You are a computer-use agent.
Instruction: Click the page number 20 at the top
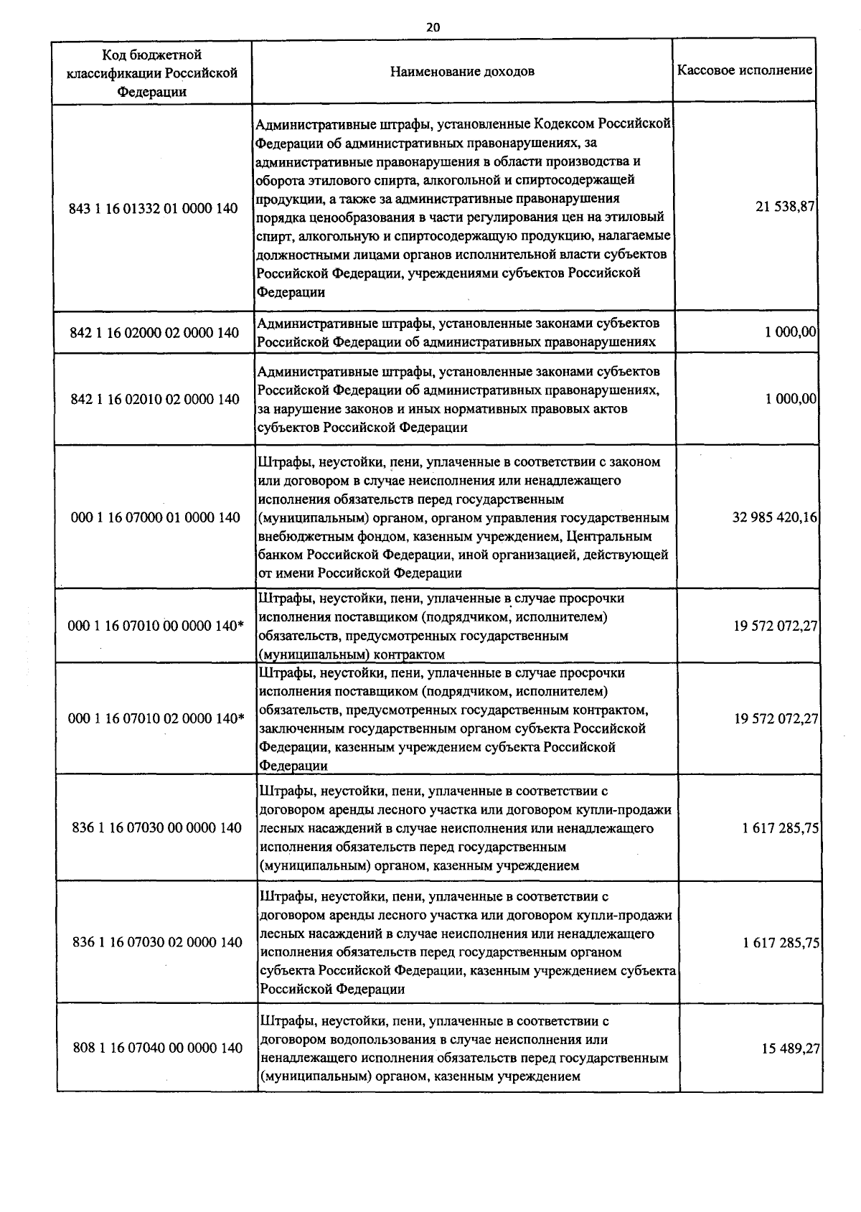[x=433, y=27]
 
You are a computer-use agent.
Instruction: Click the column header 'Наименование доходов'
[x=462, y=72]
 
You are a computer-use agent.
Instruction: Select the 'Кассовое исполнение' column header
[x=745, y=70]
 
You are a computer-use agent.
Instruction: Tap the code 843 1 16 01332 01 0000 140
[x=154, y=209]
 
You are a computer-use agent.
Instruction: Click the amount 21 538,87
[x=786, y=206]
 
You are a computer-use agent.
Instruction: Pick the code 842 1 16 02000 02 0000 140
[x=154, y=332]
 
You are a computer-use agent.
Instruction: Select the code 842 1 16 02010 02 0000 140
[x=154, y=399]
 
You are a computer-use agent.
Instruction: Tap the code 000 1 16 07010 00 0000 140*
[x=156, y=626]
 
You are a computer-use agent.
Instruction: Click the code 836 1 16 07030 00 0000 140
[x=157, y=828]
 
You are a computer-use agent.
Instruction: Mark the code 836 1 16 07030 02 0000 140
[x=157, y=942]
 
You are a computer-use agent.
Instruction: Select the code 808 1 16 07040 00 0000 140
[x=158, y=1048]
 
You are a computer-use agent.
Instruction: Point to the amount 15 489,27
[x=791, y=1048]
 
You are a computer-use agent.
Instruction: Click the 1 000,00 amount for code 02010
[x=791, y=398]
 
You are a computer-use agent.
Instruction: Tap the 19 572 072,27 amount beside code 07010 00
[x=776, y=626]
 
